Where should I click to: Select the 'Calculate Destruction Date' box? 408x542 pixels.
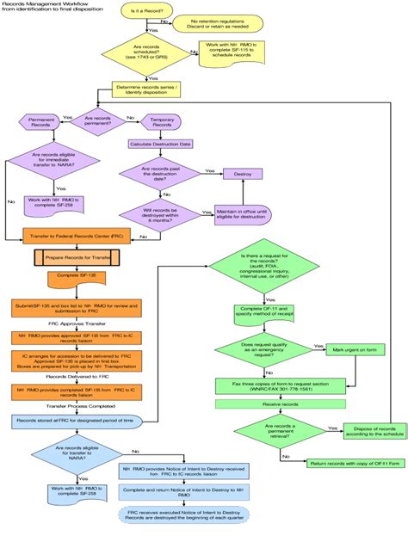161,144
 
